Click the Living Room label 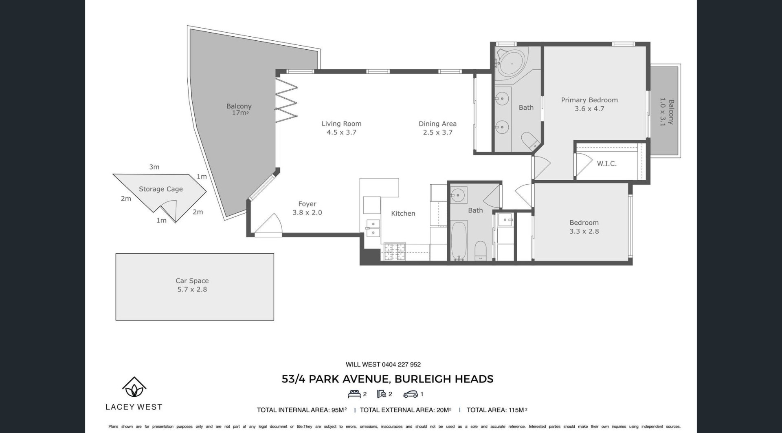pos(341,124)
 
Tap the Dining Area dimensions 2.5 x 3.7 pos(438,133)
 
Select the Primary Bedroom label pos(589,100)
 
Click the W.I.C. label pos(607,163)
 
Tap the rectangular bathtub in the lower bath pos(459,241)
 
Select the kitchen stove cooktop pos(394,252)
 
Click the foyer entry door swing pos(269,225)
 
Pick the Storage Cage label pos(161,189)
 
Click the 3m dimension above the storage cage pos(154,167)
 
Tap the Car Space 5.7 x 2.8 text pos(192,285)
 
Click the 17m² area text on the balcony pos(240,113)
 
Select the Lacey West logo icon pos(134,387)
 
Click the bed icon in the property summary pos(354,394)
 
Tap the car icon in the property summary pos(411,394)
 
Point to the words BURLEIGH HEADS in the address pos(444,379)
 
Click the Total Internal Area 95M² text pos(302,410)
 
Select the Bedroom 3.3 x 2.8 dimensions pos(584,231)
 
